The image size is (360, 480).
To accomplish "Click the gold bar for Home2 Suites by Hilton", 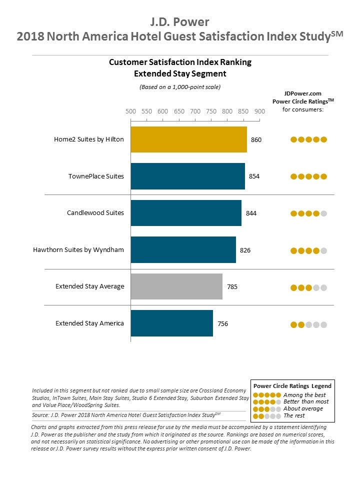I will coord(188,139).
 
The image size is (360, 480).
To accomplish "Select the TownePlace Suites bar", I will coord(187,176).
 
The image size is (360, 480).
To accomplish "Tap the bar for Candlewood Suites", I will coord(186,213).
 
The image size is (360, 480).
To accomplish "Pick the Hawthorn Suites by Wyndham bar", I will coord(183,250).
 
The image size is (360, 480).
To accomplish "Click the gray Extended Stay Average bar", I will coord(176,286).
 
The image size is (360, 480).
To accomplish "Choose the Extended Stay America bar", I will coord(171,323).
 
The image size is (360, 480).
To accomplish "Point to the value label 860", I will coord(256,140).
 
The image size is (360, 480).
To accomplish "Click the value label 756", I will coord(222,323).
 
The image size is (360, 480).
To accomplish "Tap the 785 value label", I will coord(232,287).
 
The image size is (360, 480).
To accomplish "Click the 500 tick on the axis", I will coord(130,111).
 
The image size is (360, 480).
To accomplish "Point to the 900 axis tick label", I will coord(259,111).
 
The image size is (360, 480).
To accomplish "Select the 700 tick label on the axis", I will coord(195,111).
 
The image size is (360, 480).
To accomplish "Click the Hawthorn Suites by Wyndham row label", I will coord(78,249).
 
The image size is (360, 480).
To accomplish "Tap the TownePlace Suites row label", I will coord(96,176).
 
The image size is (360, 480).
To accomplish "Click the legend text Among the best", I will coord(304,395).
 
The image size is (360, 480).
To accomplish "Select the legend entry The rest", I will coord(294,415).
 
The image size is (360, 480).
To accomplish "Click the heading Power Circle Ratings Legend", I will coord(292,386).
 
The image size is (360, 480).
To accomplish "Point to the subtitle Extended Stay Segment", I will coord(180,73).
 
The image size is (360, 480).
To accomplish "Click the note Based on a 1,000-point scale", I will coord(180,87).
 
